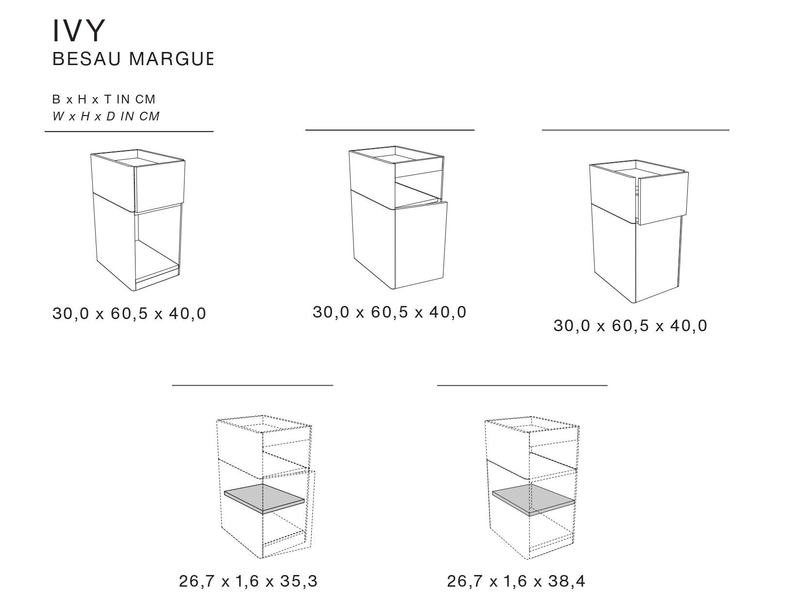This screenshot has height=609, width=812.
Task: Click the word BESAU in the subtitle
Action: [87, 59]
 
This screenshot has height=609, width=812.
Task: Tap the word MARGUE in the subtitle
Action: [171, 59]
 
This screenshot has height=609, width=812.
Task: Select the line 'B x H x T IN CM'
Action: [103, 99]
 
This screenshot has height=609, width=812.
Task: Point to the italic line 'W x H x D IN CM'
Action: [106, 116]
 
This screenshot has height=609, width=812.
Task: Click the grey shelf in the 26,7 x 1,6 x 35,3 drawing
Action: [264, 498]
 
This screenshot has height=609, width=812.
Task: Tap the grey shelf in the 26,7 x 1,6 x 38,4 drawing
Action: [533, 500]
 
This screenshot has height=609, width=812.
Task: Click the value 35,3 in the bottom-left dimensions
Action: [299, 581]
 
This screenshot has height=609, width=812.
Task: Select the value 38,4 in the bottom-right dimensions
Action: [567, 581]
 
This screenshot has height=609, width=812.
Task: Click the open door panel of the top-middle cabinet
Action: [421, 245]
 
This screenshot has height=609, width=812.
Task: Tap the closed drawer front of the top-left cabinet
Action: [161, 187]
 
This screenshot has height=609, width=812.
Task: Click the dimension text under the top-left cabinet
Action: [129, 314]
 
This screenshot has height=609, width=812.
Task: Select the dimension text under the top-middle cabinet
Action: [389, 312]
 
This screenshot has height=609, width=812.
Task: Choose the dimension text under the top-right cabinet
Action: [630, 326]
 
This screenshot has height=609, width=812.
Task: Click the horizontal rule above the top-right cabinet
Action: [636, 130]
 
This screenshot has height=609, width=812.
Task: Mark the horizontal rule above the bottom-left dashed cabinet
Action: [253, 385]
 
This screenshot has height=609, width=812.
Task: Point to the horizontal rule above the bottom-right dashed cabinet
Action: [522, 385]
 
